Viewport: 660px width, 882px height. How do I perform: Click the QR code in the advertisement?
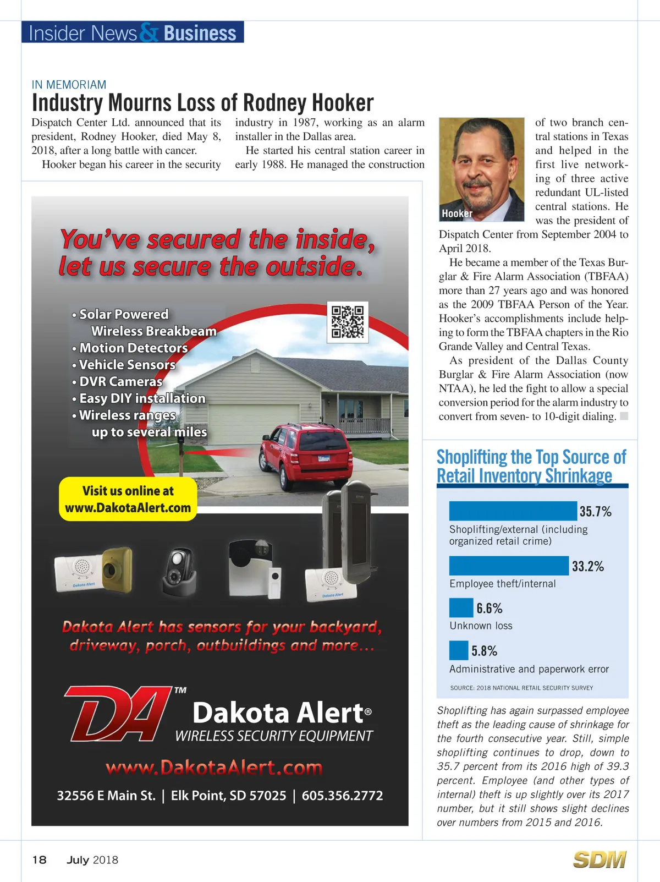pyautogui.click(x=348, y=322)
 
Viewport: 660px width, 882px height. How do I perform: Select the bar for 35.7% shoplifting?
pyautogui.click(x=513, y=511)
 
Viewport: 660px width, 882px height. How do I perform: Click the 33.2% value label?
pyautogui.click(x=587, y=566)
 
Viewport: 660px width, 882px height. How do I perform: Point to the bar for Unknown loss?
pyautogui.click(x=461, y=608)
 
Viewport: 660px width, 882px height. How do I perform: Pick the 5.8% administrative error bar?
pyautogui.click(x=459, y=650)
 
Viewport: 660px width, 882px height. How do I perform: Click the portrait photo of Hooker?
pyautogui.click(x=481, y=169)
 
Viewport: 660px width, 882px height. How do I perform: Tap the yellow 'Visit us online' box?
pyautogui.click(x=128, y=499)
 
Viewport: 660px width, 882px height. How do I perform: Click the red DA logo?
pyautogui.click(x=118, y=713)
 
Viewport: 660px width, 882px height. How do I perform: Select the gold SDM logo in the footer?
pyautogui.click(x=599, y=859)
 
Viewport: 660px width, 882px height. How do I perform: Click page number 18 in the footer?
pyautogui.click(x=39, y=860)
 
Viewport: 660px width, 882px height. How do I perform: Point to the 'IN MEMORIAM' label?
pyautogui.click(x=69, y=85)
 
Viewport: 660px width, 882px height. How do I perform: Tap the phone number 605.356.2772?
pyautogui.click(x=342, y=796)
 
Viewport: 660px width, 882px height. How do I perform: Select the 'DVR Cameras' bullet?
pyautogui.click(x=120, y=381)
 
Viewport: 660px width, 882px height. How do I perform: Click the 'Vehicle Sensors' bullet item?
pyautogui.click(x=127, y=365)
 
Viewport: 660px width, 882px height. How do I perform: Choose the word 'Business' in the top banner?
pyautogui.click(x=200, y=33)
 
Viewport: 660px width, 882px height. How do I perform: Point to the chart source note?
pyautogui.click(x=521, y=688)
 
